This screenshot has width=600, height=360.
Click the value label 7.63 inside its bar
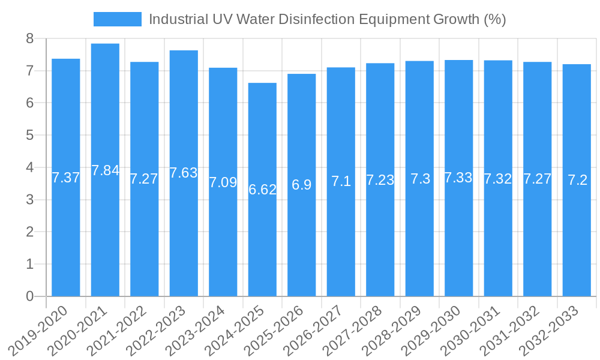point(184,173)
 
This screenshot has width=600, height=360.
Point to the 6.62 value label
point(262,190)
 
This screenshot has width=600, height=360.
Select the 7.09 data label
point(223,182)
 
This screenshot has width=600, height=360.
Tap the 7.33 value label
point(458,178)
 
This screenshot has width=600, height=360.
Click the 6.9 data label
point(301,185)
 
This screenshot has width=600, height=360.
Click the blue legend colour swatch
point(118,19)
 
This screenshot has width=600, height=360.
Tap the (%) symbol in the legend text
point(494,19)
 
